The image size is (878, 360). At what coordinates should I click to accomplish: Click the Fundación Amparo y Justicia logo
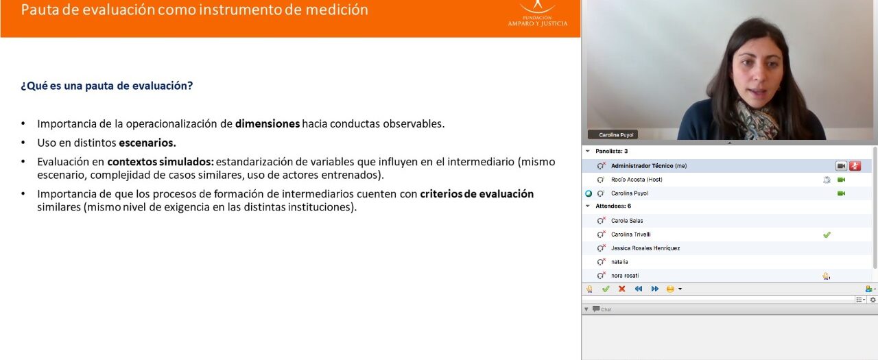[x=537, y=14]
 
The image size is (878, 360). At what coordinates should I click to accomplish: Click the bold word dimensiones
[x=268, y=124]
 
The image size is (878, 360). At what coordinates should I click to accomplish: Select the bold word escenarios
[x=147, y=143]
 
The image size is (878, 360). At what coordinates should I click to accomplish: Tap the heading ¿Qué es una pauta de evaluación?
[x=106, y=86]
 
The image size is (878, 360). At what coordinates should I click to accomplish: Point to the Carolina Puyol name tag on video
[x=616, y=135]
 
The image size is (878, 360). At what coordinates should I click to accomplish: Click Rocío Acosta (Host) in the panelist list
[x=637, y=180]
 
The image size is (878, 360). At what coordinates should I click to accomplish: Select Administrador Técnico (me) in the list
[x=649, y=166]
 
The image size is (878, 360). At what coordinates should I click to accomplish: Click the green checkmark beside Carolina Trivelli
[x=827, y=235]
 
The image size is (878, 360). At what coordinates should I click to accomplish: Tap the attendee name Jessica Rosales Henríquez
[x=645, y=248]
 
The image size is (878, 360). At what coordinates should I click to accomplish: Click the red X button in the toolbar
[x=621, y=289]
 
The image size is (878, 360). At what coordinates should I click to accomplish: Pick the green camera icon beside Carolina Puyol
[x=841, y=193]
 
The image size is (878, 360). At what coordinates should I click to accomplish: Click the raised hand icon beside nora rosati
[x=827, y=276]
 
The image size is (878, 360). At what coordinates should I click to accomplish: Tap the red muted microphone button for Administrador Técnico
[x=855, y=166]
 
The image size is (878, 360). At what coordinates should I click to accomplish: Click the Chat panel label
[x=606, y=310]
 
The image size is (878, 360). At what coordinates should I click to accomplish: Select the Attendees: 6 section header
[x=613, y=206]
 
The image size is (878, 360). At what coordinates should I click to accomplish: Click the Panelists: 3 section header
[x=611, y=152]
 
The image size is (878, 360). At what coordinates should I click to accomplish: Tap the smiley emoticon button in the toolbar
[x=670, y=289]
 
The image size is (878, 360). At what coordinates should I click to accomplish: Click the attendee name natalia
[x=619, y=262]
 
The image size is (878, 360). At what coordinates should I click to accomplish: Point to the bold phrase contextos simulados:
[x=161, y=162]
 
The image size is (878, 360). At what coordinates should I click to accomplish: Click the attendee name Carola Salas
[x=627, y=221]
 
